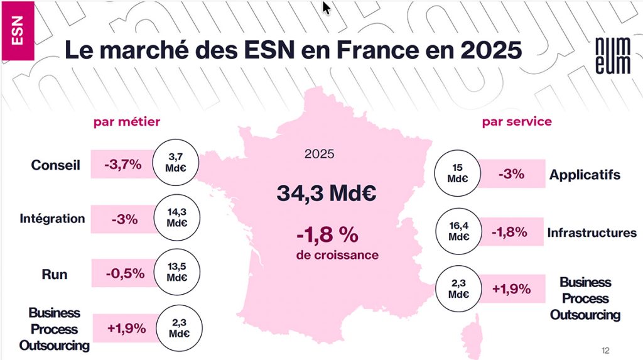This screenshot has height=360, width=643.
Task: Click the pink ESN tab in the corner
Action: [x=17, y=31]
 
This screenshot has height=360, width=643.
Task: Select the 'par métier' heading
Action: [x=127, y=121]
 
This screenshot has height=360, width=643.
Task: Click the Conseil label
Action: [x=56, y=166]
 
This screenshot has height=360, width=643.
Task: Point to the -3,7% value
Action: [x=123, y=166]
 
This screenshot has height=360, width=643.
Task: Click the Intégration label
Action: [x=52, y=219]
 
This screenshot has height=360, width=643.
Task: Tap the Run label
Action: [x=55, y=275]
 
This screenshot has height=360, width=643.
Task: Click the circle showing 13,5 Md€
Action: [x=175, y=273]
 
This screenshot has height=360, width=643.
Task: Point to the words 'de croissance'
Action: [x=337, y=256]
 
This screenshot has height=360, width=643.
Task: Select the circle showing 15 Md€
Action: [x=458, y=173]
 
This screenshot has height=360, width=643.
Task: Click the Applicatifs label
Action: [x=585, y=175]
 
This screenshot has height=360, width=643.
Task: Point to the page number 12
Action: [x=605, y=350]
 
